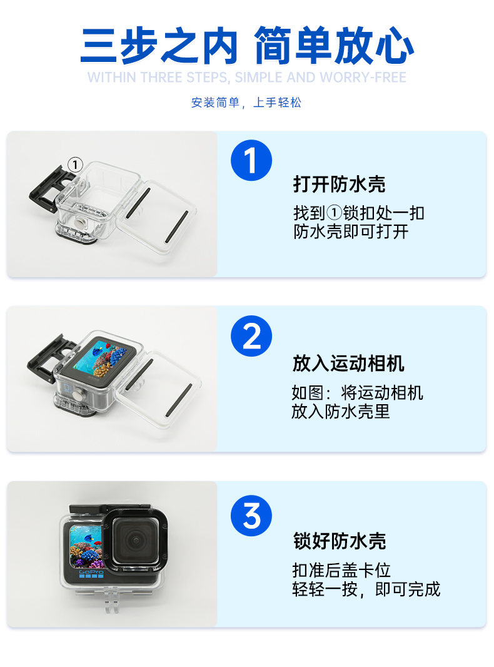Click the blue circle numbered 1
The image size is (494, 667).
click(x=251, y=160)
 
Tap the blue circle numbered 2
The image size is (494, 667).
click(x=251, y=336)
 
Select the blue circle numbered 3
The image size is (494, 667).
click(x=251, y=516)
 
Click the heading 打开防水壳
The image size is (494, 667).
click(x=340, y=184)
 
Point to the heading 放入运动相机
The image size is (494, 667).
click(x=348, y=364)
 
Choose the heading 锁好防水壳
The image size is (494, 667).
click(x=340, y=541)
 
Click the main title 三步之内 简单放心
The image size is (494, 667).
click(x=247, y=46)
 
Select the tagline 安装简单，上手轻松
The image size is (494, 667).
click(x=246, y=103)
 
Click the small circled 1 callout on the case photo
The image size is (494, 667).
click(x=75, y=164)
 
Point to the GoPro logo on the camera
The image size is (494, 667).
click(x=91, y=572)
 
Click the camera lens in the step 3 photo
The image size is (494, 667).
click(x=136, y=540)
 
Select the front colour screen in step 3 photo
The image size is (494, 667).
click(x=86, y=547)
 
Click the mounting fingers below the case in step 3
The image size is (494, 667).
click(x=111, y=599)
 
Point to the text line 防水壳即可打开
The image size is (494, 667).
click(x=351, y=232)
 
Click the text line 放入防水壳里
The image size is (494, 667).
click(x=341, y=412)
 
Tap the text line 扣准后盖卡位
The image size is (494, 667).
click(x=341, y=571)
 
